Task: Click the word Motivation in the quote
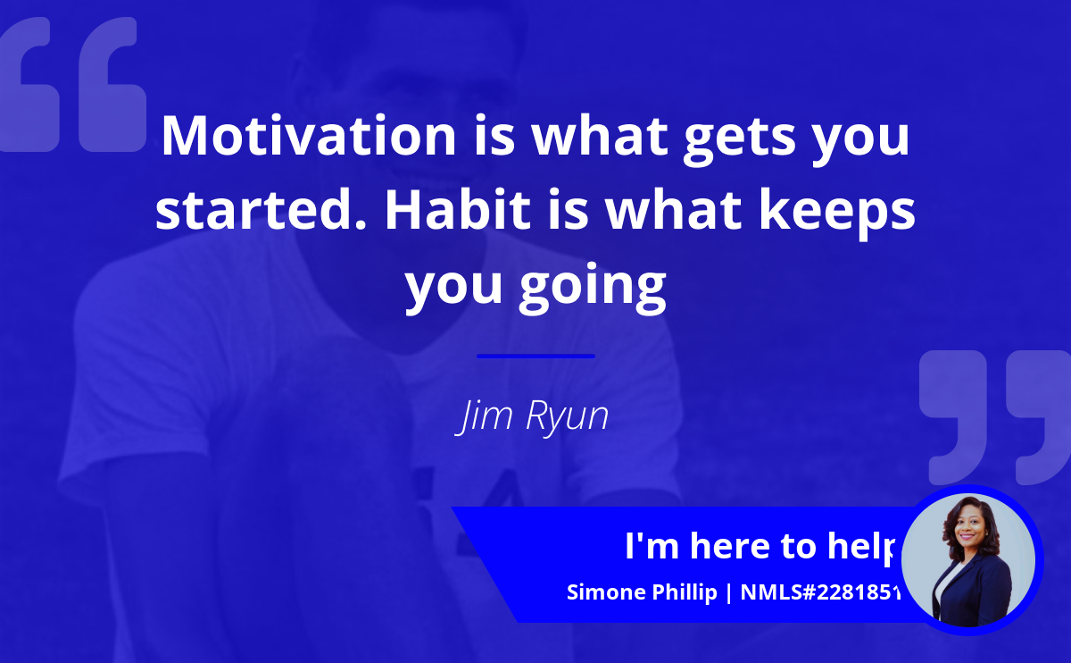point(309,136)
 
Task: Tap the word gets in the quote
point(740,139)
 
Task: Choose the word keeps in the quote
point(837,213)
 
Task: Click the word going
point(593,287)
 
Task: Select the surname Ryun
point(567,416)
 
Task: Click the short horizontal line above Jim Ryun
point(535,357)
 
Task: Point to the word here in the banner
point(730,546)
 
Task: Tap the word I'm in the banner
point(652,546)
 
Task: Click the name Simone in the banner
point(606,592)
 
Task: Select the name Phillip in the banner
point(685,592)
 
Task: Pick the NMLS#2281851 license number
point(820,592)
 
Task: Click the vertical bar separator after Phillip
point(728,593)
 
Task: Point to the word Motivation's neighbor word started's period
point(361,225)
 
